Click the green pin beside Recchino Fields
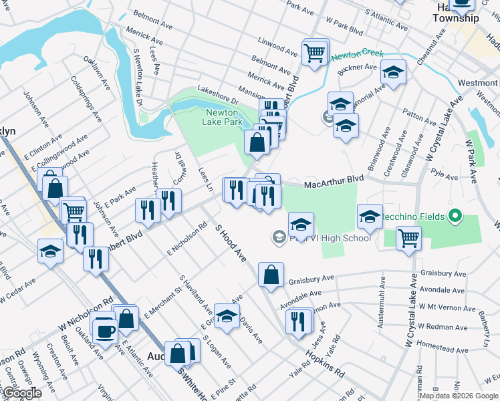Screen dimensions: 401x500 (455, 217)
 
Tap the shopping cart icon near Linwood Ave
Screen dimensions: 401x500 (315, 52)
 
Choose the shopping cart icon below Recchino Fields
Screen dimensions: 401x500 (408, 237)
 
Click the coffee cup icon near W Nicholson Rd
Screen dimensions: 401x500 (105, 329)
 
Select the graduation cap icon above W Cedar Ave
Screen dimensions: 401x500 (50, 251)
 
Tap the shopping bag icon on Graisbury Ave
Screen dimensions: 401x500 (271, 275)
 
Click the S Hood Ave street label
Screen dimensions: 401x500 (231, 243)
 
